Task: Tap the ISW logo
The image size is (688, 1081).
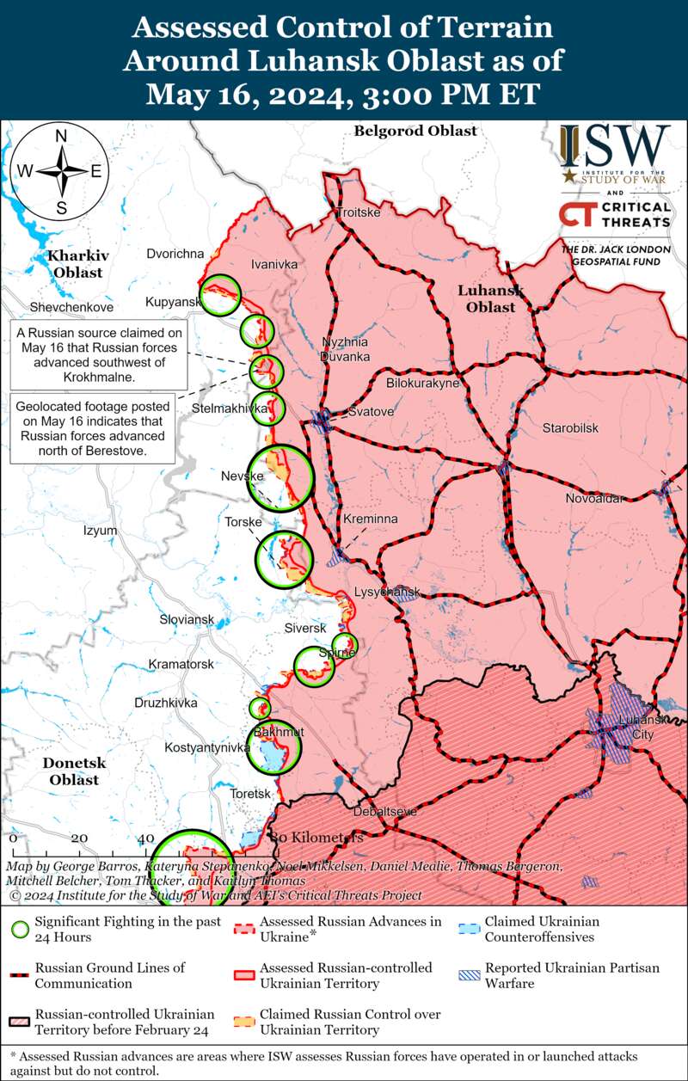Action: tap(614, 154)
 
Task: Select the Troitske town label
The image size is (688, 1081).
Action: tap(357, 212)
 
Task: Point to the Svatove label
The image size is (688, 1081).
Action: tap(371, 412)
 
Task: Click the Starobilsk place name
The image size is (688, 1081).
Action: tap(570, 428)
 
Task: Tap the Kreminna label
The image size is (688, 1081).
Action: tap(370, 519)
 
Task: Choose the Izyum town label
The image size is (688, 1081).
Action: tap(100, 531)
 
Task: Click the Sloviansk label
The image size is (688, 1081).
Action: tap(187, 619)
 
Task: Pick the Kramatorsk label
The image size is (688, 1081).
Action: tap(181, 664)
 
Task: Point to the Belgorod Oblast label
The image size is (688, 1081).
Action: tap(415, 131)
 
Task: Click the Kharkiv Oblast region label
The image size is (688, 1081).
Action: tap(76, 264)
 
